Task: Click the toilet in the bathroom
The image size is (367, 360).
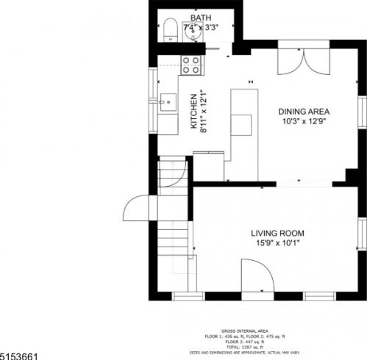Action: (168, 29)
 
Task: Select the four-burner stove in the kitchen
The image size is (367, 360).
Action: (192, 65)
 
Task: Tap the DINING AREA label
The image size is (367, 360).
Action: (304, 112)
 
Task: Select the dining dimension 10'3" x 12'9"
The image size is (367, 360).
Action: (304, 123)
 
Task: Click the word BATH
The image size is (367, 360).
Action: (200, 17)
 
